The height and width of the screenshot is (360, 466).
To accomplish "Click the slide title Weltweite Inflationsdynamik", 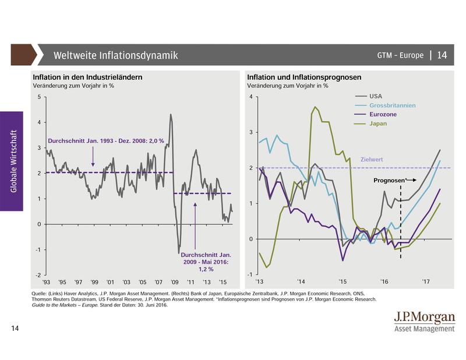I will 115,56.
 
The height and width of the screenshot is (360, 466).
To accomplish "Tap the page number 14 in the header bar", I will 442,55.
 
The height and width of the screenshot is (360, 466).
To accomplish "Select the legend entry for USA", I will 375,96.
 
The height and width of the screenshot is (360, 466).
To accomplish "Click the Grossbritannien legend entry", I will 389,105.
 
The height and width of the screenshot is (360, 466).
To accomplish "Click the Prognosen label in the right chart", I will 388,181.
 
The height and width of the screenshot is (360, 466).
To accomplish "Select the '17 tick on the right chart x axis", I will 426,281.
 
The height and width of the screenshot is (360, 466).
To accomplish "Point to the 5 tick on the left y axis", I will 38,97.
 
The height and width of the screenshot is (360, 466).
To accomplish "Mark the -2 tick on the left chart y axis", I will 37,275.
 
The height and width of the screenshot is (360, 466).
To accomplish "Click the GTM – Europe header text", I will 399,56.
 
